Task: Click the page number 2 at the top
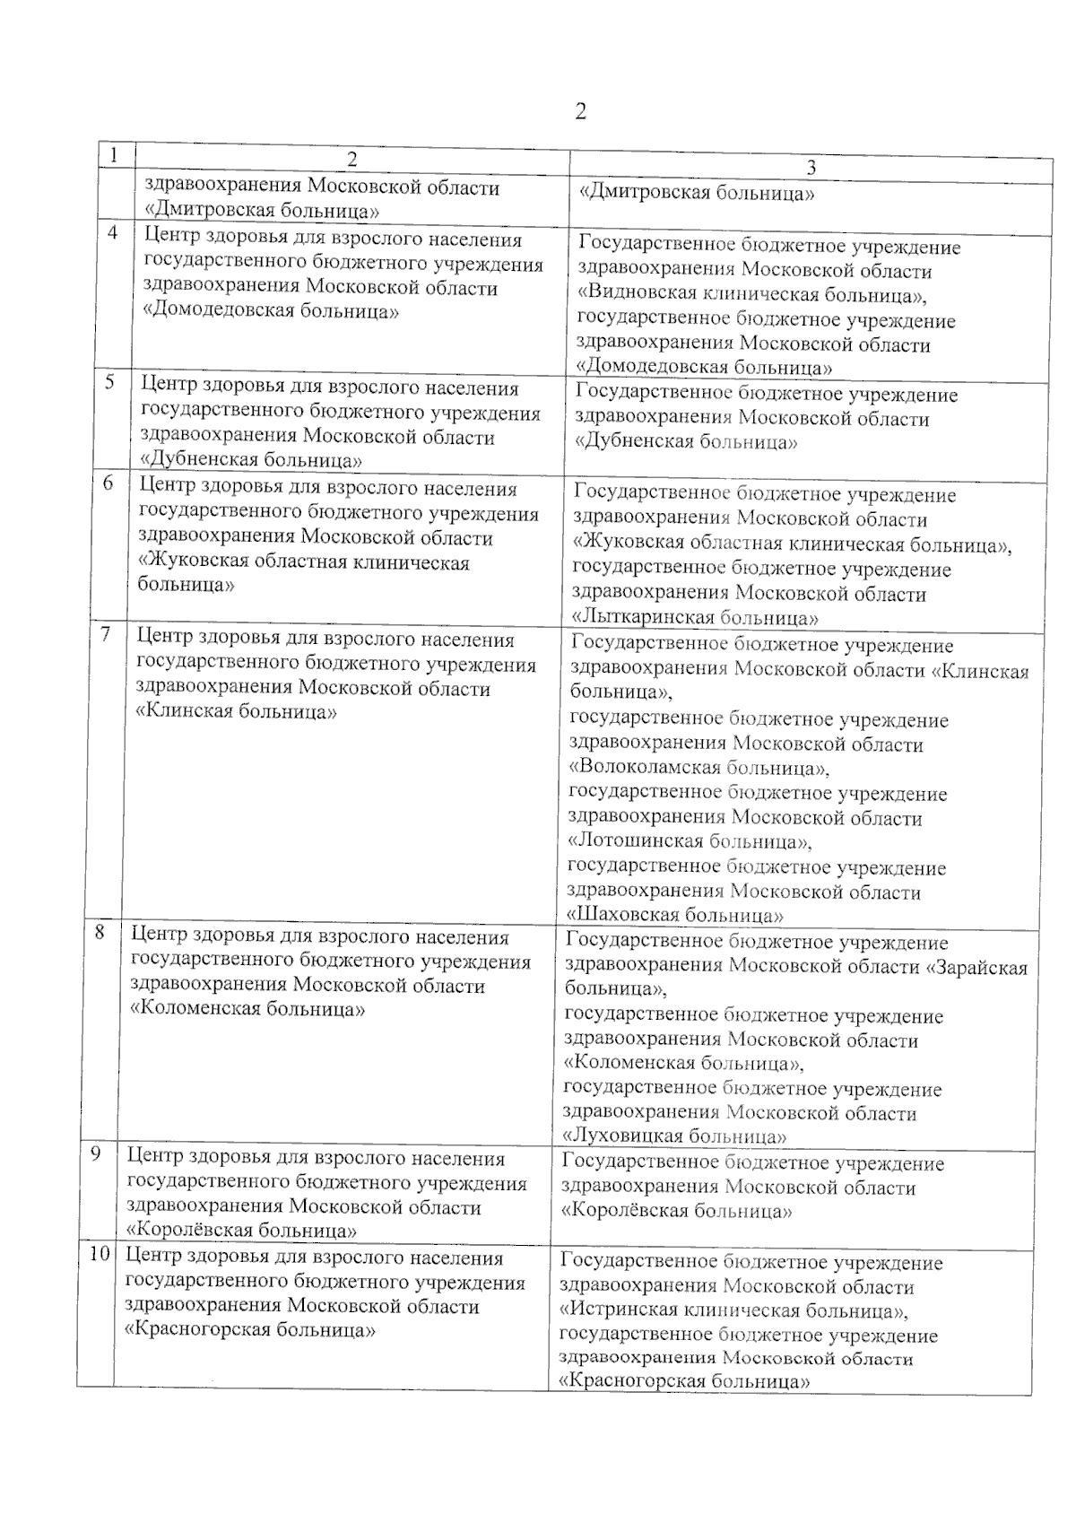tap(580, 112)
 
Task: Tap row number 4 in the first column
tap(112, 233)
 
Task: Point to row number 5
tap(109, 382)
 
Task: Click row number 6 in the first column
tap(108, 483)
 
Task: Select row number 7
tap(106, 634)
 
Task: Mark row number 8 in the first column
tap(101, 932)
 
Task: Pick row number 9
tap(96, 1154)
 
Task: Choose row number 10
tap(98, 1255)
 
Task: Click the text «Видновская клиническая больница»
tap(751, 295)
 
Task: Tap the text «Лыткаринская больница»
tap(694, 617)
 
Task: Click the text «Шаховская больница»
tap(676, 916)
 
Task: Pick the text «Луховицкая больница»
tap(675, 1136)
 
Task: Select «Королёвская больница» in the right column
tap(676, 1211)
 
